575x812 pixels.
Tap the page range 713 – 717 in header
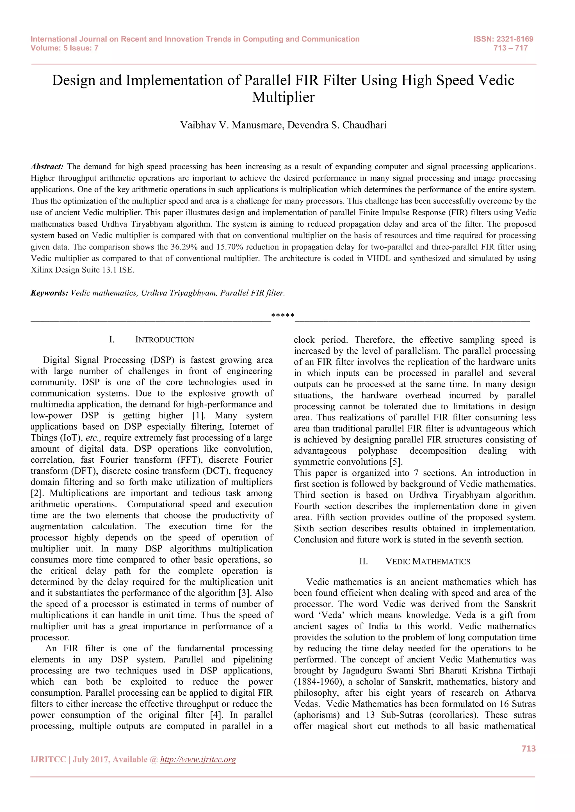click(x=510, y=48)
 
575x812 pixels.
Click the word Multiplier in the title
click(x=283, y=97)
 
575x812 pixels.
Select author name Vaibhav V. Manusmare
click(x=232, y=125)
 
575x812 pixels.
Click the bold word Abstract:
click(x=47, y=167)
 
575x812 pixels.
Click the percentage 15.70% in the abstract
click(x=229, y=247)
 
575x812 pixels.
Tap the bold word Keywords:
click(x=49, y=293)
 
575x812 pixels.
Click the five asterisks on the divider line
click(x=282, y=315)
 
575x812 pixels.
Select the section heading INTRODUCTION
click(x=165, y=340)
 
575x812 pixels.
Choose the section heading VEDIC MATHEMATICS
click(x=428, y=562)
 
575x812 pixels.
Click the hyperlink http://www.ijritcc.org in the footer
click(x=198, y=760)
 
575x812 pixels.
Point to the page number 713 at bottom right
click(x=528, y=749)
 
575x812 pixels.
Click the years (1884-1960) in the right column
click(x=322, y=682)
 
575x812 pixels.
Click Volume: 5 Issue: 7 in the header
click(x=65, y=48)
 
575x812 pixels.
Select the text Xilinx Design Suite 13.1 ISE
click(x=83, y=270)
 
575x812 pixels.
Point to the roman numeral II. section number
click(x=363, y=562)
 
